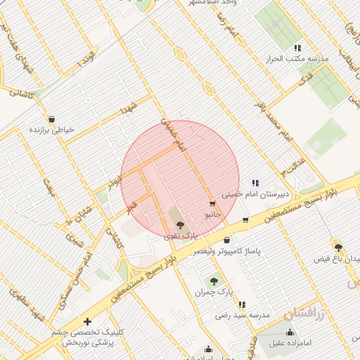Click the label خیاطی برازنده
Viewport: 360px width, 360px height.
51,130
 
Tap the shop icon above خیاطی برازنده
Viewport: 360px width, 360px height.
51,119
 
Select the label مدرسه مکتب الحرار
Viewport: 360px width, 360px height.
301,59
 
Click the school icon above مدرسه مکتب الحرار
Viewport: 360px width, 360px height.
297,48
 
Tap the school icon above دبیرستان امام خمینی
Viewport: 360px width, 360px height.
255,183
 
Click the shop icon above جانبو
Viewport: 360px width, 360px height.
212,203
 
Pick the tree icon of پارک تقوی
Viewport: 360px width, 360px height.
181,226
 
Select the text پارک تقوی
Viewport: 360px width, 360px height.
181,236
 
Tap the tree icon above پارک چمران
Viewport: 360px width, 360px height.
214,281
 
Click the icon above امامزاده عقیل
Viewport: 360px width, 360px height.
290,332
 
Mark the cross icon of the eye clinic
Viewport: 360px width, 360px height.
86,321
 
